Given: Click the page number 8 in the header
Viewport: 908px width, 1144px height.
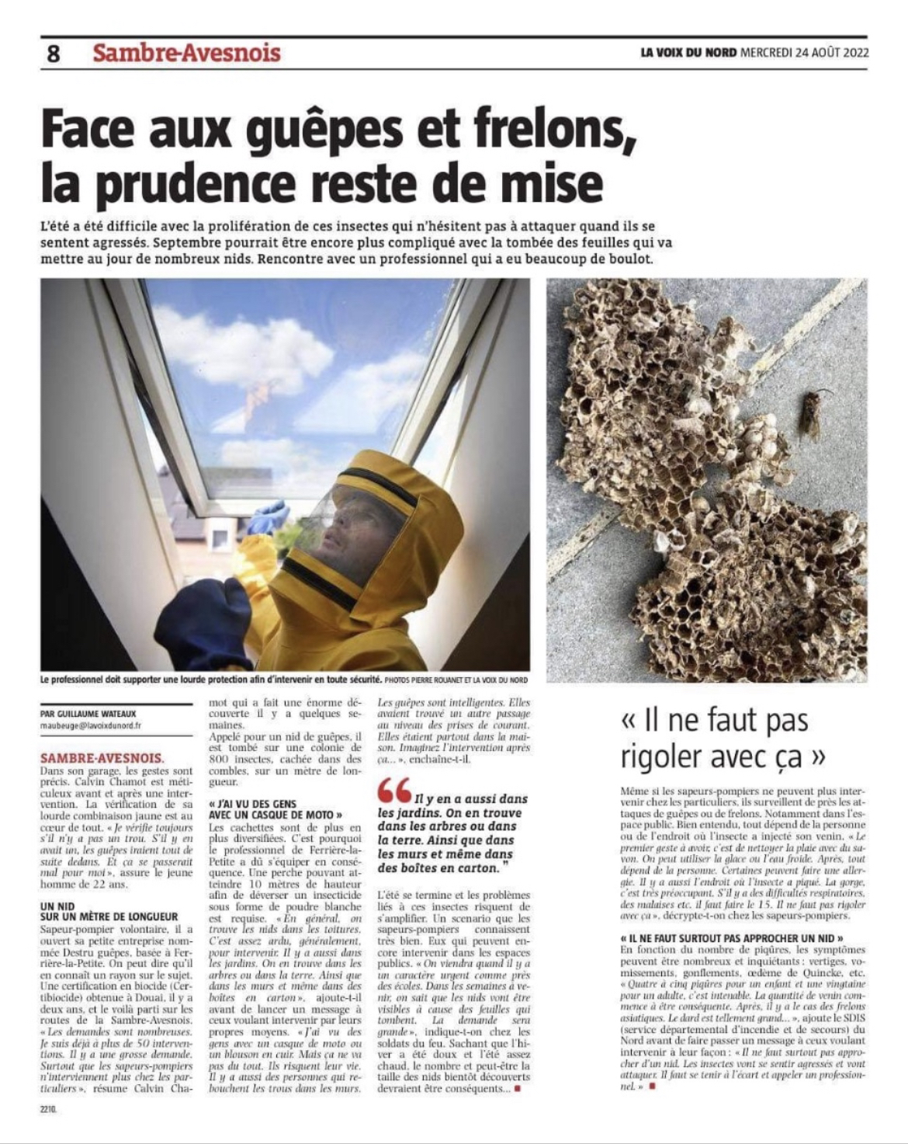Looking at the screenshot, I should (x=53, y=54).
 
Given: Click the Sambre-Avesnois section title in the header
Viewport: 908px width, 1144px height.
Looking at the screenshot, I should (x=186, y=53).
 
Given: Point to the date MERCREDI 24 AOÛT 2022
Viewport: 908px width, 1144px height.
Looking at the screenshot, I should (x=804, y=53).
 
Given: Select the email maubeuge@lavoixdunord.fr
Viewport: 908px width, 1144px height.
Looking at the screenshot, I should (x=91, y=725).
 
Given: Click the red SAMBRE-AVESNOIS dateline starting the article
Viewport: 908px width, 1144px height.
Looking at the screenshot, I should (x=102, y=756).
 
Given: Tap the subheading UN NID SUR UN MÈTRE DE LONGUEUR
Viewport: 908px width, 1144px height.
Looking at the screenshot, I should (x=109, y=911).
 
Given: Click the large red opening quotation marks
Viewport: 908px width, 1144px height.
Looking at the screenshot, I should (x=395, y=790).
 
